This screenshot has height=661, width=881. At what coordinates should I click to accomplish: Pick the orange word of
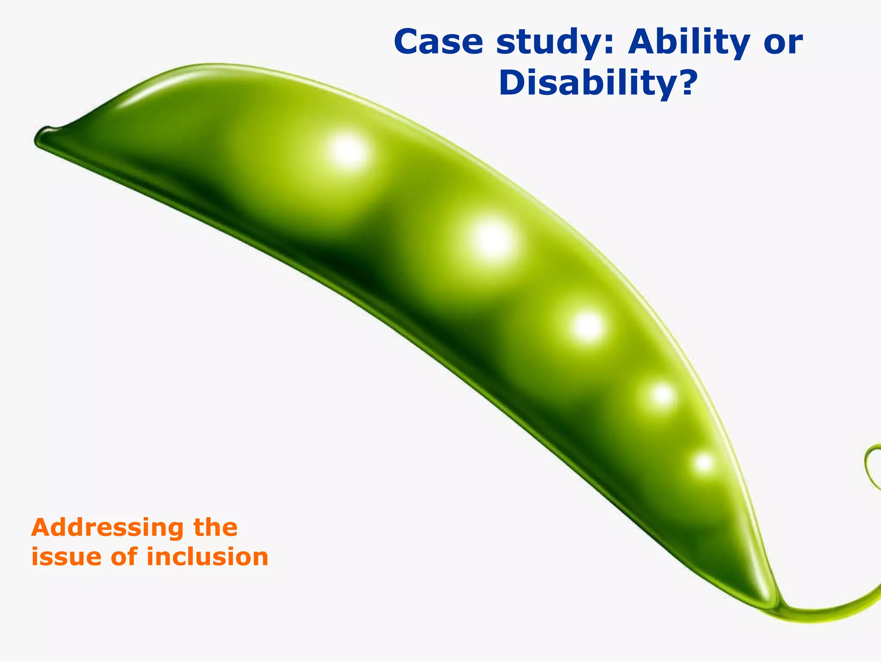pyautogui.click(x=124, y=556)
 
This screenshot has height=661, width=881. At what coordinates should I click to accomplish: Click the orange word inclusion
pyautogui.click(x=207, y=556)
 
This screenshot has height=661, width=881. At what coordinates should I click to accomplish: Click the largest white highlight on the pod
pyautogui.click(x=491, y=240)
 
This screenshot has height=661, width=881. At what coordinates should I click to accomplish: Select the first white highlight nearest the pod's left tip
pyautogui.click(x=348, y=151)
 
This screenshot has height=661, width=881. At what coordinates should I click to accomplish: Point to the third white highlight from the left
pyautogui.click(x=588, y=326)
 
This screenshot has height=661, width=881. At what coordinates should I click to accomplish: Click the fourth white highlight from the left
pyautogui.click(x=662, y=395)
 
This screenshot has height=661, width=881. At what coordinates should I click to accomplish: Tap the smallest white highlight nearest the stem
pyautogui.click(x=704, y=463)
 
